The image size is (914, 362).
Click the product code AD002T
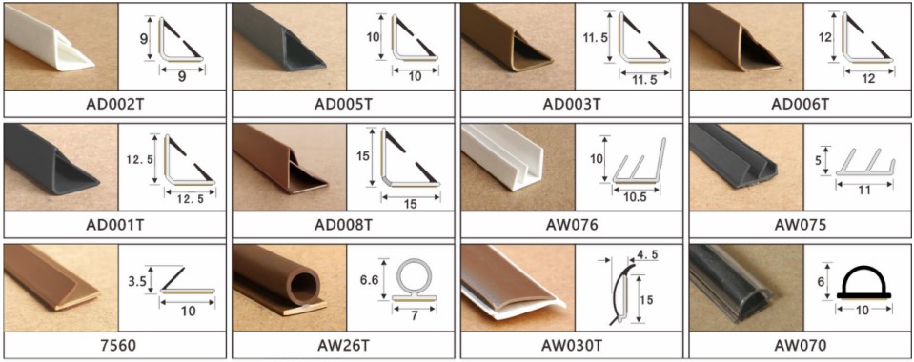click(x=114, y=103)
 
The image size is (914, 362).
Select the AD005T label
click(x=343, y=103)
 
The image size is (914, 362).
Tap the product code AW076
click(x=572, y=225)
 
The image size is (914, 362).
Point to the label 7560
click(x=114, y=345)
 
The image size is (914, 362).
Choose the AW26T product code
click(x=343, y=345)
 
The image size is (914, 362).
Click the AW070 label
click(x=801, y=345)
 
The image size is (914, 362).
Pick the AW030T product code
click(x=572, y=345)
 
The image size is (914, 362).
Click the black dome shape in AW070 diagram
click(x=863, y=282)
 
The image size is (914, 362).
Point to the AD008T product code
click(x=343, y=225)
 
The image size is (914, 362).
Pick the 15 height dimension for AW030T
click(x=646, y=298)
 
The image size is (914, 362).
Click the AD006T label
click(x=801, y=103)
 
